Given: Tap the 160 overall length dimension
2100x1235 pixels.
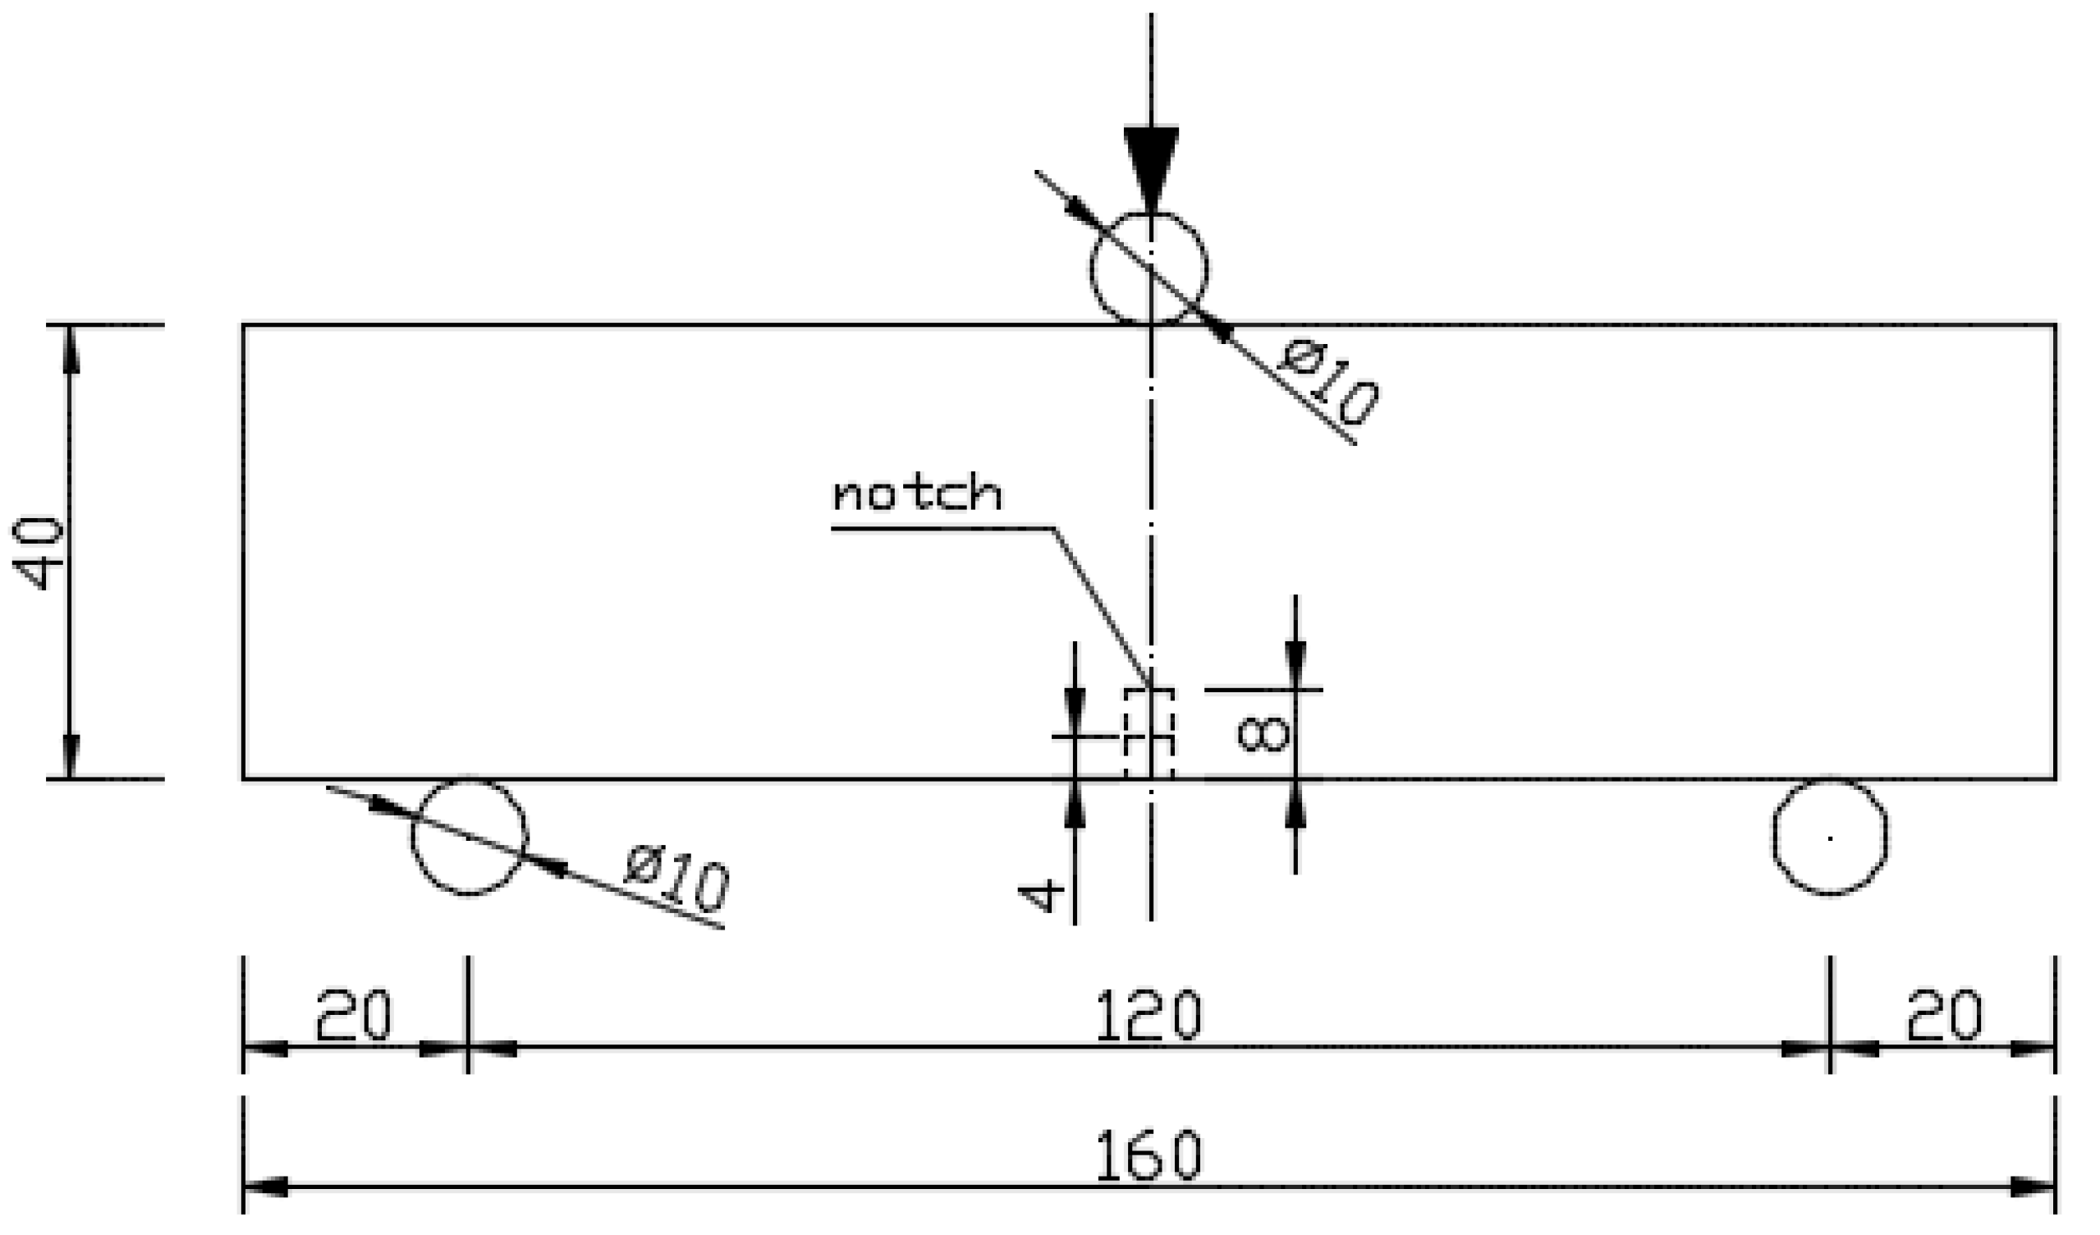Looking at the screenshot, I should tap(1149, 1156).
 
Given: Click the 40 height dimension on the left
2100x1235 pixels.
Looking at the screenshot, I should tap(39, 553).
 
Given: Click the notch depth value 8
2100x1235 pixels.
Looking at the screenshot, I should tap(1264, 735).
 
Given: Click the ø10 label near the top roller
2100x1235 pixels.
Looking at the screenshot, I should tap(1329, 384).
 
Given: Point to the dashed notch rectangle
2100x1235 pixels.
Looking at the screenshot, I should tap(1149, 733).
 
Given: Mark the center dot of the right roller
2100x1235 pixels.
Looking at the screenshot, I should tap(1830, 838).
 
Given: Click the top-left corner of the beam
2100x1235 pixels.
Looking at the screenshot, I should tap(243, 325).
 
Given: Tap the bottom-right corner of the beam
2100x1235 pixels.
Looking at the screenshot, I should tap(2056, 779).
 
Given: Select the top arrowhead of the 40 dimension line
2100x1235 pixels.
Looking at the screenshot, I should tap(70, 350).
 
